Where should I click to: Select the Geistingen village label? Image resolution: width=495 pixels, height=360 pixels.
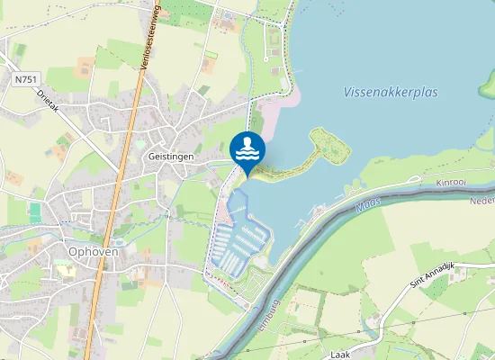click(169, 156)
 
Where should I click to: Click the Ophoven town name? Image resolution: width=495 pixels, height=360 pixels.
click(93, 252)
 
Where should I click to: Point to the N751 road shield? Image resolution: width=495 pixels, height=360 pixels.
click(26, 80)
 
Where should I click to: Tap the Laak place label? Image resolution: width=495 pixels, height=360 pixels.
click(340, 355)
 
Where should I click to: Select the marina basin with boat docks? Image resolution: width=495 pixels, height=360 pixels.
click(242, 243)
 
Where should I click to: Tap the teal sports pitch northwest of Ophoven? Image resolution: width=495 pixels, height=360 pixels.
click(35, 212)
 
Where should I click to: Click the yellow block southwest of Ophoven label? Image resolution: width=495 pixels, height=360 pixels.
click(66, 271)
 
